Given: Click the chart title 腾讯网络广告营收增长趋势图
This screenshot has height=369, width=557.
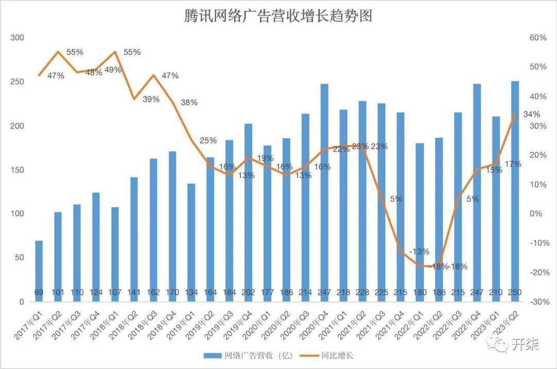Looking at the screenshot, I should pyautogui.click(x=278, y=16).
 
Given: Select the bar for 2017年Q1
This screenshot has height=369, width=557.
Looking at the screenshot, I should pyautogui.click(x=39, y=271).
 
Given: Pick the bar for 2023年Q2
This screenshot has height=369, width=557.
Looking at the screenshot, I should pyautogui.click(x=515, y=191).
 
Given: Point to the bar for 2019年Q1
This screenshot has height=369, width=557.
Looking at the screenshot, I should pyautogui.click(x=191, y=243).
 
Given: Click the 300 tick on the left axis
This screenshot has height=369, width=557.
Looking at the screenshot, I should pyautogui.click(x=17, y=38).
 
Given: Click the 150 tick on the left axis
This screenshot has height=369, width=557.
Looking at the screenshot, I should pyautogui.click(x=17, y=170).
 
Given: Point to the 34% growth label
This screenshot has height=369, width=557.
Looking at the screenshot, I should pyautogui.click(x=532, y=114).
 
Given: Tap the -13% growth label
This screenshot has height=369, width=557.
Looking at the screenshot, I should pyautogui.click(x=419, y=251).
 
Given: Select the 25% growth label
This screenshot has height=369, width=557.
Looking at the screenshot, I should pyautogui.click(x=208, y=140).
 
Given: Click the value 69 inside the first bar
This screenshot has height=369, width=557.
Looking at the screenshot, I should pyautogui.click(x=39, y=293).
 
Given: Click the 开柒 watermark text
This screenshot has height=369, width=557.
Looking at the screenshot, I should pyautogui.click(x=525, y=344).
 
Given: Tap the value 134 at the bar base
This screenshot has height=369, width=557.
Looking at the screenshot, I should pyautogui.click(x=191, y=293).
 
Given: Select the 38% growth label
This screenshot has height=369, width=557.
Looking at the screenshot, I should pyautogui.click(x=189, y=102).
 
